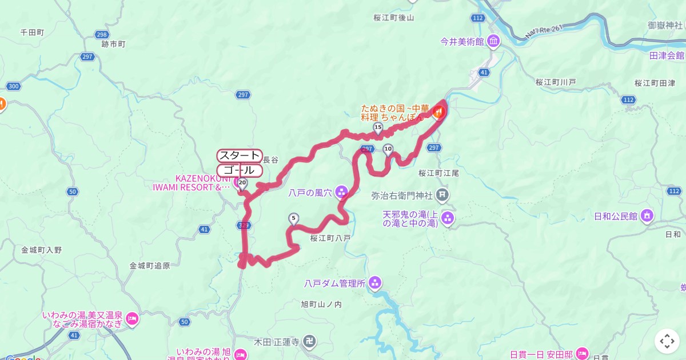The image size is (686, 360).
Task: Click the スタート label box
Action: pos(240,155)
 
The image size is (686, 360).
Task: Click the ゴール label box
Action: pos(240,170)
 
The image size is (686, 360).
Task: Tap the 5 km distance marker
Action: pos(294,218)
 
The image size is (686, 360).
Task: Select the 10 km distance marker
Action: pos(388,150)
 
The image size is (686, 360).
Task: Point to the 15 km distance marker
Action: pos(377,127)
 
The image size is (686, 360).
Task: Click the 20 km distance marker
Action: pos(242,183)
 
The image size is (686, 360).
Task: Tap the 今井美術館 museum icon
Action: pos(493,41)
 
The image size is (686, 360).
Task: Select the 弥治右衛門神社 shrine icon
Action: pos(442,195)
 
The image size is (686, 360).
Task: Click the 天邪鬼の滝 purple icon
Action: pos(448,218)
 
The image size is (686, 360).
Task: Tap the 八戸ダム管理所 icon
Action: pos(375,282)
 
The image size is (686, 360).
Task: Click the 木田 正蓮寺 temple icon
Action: pos(309,342)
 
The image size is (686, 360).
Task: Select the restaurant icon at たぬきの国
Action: pos(438,113)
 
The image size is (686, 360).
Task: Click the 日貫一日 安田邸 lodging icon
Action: pos(582,353)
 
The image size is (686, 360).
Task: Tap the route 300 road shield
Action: pos(14,86)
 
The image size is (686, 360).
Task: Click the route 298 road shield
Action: pos(102,35)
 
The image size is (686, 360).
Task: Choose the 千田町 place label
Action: pos(32,33)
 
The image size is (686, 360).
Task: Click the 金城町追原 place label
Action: pos(150,266)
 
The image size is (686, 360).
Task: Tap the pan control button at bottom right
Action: pos(667,341)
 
